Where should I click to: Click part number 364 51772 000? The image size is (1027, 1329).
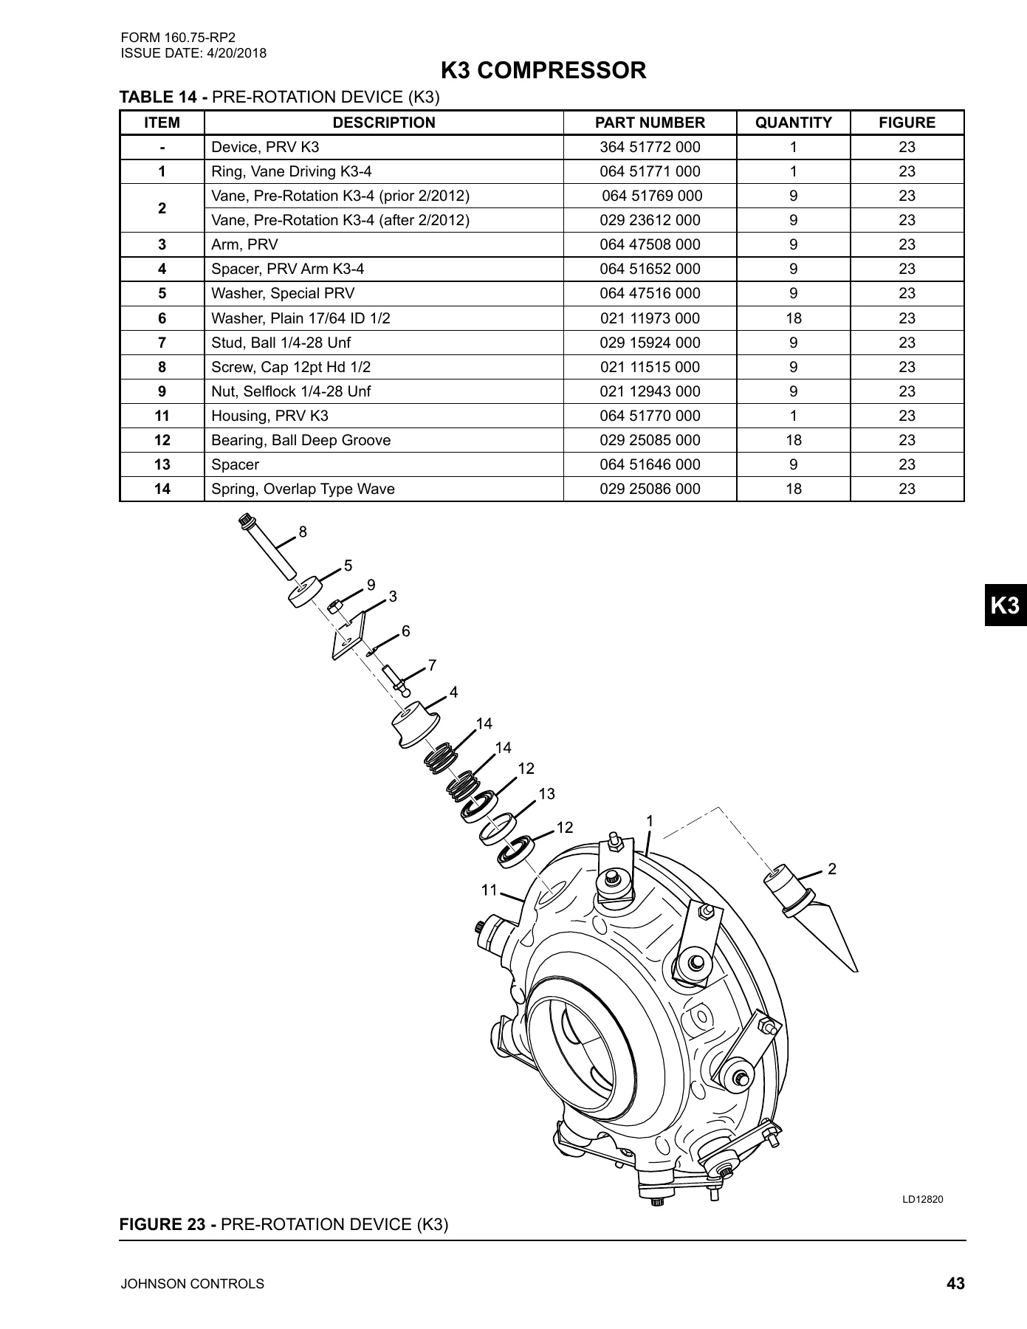[x=650, y=147]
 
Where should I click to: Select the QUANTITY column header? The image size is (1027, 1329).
[x=793, y=123]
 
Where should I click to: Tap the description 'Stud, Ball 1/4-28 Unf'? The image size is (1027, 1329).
[x=281, y=343]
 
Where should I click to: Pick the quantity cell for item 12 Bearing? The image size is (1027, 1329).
[x=793, y=440]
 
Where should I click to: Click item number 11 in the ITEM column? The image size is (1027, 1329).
[x=162, y=416]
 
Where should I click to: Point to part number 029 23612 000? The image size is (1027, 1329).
[x=650, y=220]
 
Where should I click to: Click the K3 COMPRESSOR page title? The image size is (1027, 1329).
[x=543, y=71]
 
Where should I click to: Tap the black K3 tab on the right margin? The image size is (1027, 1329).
[x=1005, y=605]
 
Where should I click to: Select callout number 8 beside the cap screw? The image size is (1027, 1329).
[x=303, y=532]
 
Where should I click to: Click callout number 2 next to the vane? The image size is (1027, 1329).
[x=832, y=869]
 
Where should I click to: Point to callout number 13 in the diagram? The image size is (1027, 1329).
[x=546, y=794]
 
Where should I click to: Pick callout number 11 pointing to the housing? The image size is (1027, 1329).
[x=489, y=890]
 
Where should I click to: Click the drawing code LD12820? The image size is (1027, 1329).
[x=922, y=1200]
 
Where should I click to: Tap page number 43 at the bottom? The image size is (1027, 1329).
[x=955, y=1284]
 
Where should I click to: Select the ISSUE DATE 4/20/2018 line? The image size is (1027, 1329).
[x=193, y=53]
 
